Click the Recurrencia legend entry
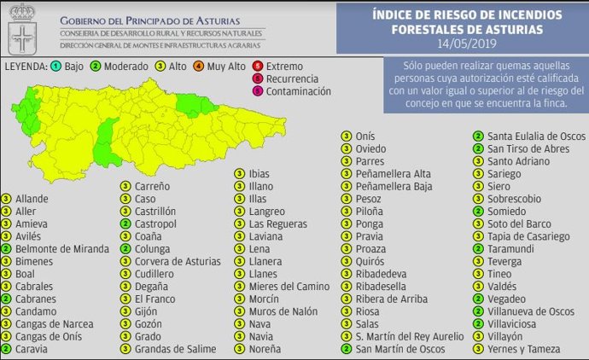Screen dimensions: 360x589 tap(295, 78)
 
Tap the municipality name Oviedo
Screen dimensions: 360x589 tap(371, 148)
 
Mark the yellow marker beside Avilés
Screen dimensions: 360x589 tap(7, 236)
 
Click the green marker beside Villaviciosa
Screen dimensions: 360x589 tap(479, 324)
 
